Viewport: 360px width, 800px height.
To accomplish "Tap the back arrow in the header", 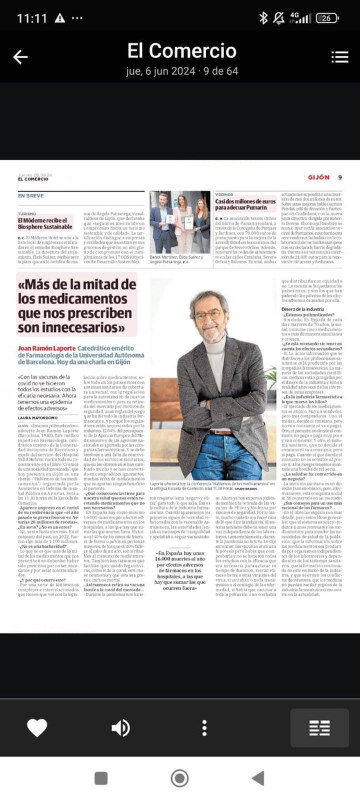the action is [21, 57].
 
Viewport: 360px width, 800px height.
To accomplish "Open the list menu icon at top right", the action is [339, 57].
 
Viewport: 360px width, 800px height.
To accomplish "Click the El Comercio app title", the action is [182, 51].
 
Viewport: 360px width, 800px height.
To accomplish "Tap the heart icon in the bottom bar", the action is [37, 727].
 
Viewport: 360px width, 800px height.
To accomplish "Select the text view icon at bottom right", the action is [319, 727].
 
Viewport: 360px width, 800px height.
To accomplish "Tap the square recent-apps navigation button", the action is [101, 778].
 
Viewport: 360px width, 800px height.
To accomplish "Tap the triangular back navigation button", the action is [258, 778].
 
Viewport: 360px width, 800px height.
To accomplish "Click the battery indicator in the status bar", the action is [327, 18].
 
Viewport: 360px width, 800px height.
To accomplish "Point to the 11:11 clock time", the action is [32, 18].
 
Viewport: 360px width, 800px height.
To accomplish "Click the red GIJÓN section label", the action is [318, 177].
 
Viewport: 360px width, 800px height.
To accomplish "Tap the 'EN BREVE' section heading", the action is [31, 195].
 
